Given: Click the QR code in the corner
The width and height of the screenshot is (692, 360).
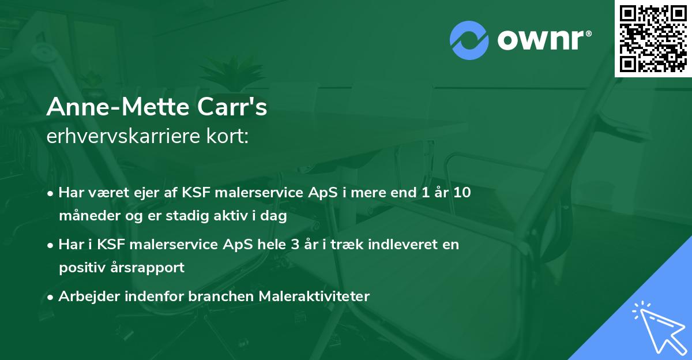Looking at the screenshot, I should [x=653, y=38].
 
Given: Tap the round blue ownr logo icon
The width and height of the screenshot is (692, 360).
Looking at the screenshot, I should [x=469, y=40].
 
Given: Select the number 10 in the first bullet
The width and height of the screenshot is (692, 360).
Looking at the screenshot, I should [x=461, y=192].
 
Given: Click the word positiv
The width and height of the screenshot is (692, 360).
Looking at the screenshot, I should [x=78, y=268].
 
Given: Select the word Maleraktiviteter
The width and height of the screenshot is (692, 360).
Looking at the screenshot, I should [x=314, y=296].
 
